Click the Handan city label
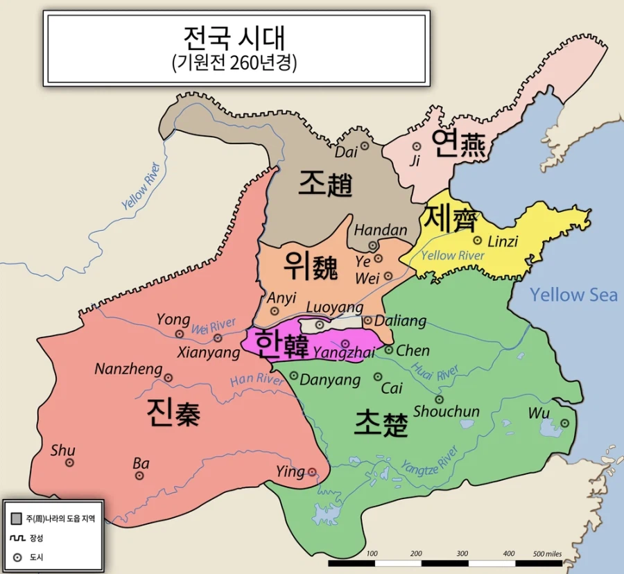point(381,230)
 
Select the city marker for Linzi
point(478,241)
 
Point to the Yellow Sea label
point(573,295)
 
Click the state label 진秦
point(173,414)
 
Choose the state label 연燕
point(461,143)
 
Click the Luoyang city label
point(334,307)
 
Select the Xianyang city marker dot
point(218,338)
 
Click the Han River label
point(256,379)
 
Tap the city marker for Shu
point(69,462)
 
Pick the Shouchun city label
point(447,412)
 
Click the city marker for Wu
point(564,423)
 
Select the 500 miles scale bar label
point(548,553)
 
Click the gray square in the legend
point(17,518)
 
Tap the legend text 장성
point(35,537)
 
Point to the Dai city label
point(346,151)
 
